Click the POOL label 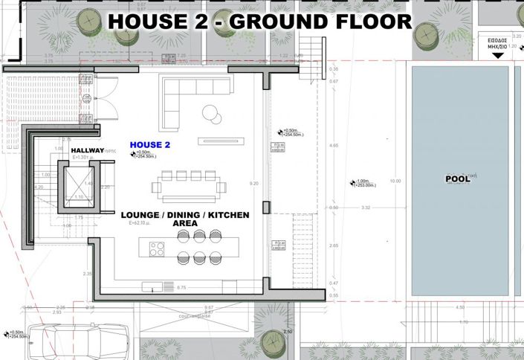(x=458, y=179)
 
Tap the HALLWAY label (x=87, y=150)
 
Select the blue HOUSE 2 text (x=150, y=144)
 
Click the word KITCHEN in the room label (x=229, y=215)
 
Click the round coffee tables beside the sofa (x=211, y=113)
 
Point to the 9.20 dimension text (x=254, y=183)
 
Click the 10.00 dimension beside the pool (x=395, y=181)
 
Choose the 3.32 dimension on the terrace (x=365, y=208)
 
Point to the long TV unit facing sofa (x=221, y=141)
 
